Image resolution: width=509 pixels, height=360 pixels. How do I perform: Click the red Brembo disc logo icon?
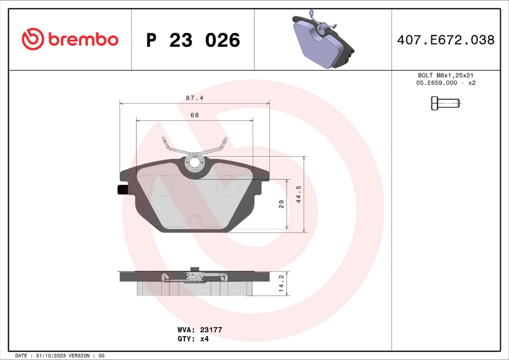click(33, 39)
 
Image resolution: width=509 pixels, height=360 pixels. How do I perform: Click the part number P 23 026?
click(193, 40)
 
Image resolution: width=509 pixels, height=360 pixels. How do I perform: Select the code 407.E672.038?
click(446, 40)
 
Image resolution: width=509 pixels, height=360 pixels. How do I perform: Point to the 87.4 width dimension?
click(195, 98)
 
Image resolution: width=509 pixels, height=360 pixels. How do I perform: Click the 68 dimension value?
click(195, 115)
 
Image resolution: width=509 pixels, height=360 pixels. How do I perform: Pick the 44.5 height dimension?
click(299, 194)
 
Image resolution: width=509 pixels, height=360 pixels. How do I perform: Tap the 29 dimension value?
click(281, 204)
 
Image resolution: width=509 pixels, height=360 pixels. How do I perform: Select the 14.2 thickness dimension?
click(281, 283)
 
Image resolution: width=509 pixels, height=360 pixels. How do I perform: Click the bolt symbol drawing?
click(446, 103)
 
